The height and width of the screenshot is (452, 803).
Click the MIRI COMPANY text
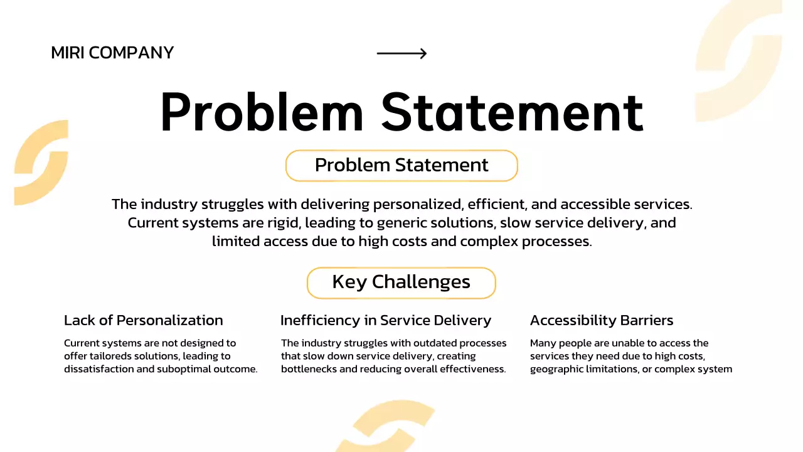pyautogui.click(x=112, y=53)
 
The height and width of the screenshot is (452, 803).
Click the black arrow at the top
pyautogui.click(x=401, y=53)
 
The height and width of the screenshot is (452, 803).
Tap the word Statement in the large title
pyautogui.click(x=512, y=112)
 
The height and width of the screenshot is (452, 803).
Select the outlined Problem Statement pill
pyautogui.click(x=401, y=165)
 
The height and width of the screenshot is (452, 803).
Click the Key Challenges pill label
pyautogui.click(x=401, y=282)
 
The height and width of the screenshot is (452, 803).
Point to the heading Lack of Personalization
pyautogui.click(x=143, y=320)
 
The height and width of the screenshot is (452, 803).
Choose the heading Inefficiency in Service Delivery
pyautogui.click(x=385, y=320)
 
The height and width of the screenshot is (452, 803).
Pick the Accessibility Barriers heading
pyautogui.click(x=602, y=320)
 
